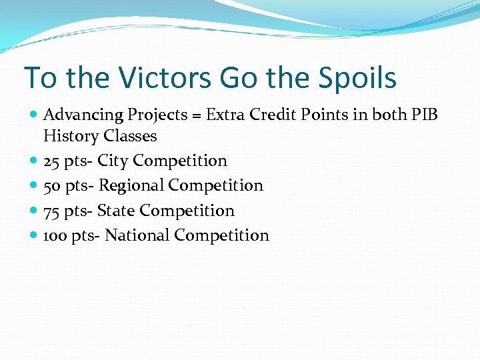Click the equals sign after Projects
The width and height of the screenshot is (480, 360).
point(197,115)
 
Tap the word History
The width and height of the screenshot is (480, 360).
point(71,137)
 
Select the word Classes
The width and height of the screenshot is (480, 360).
point(131,137)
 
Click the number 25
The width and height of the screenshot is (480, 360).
point(52,161)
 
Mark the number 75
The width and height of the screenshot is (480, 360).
point(52,211)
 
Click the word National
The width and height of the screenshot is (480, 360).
point(137,236)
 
